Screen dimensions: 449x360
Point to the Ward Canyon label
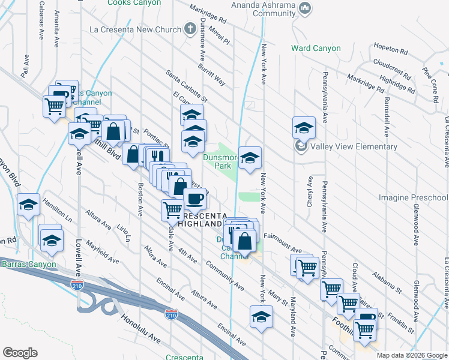(x=316, y=48)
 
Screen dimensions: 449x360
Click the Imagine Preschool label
(x=418, y=197)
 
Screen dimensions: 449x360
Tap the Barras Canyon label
(x=28, y=264)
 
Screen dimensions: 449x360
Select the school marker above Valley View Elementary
(x=304, y=128)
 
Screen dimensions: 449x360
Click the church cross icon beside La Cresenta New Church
(x=190, y=29)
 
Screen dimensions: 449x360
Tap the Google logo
(x=20, y=353)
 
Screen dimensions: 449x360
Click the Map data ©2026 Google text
(x=412, y=355)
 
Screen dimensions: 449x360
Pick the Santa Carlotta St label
(x=186, y=85)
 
